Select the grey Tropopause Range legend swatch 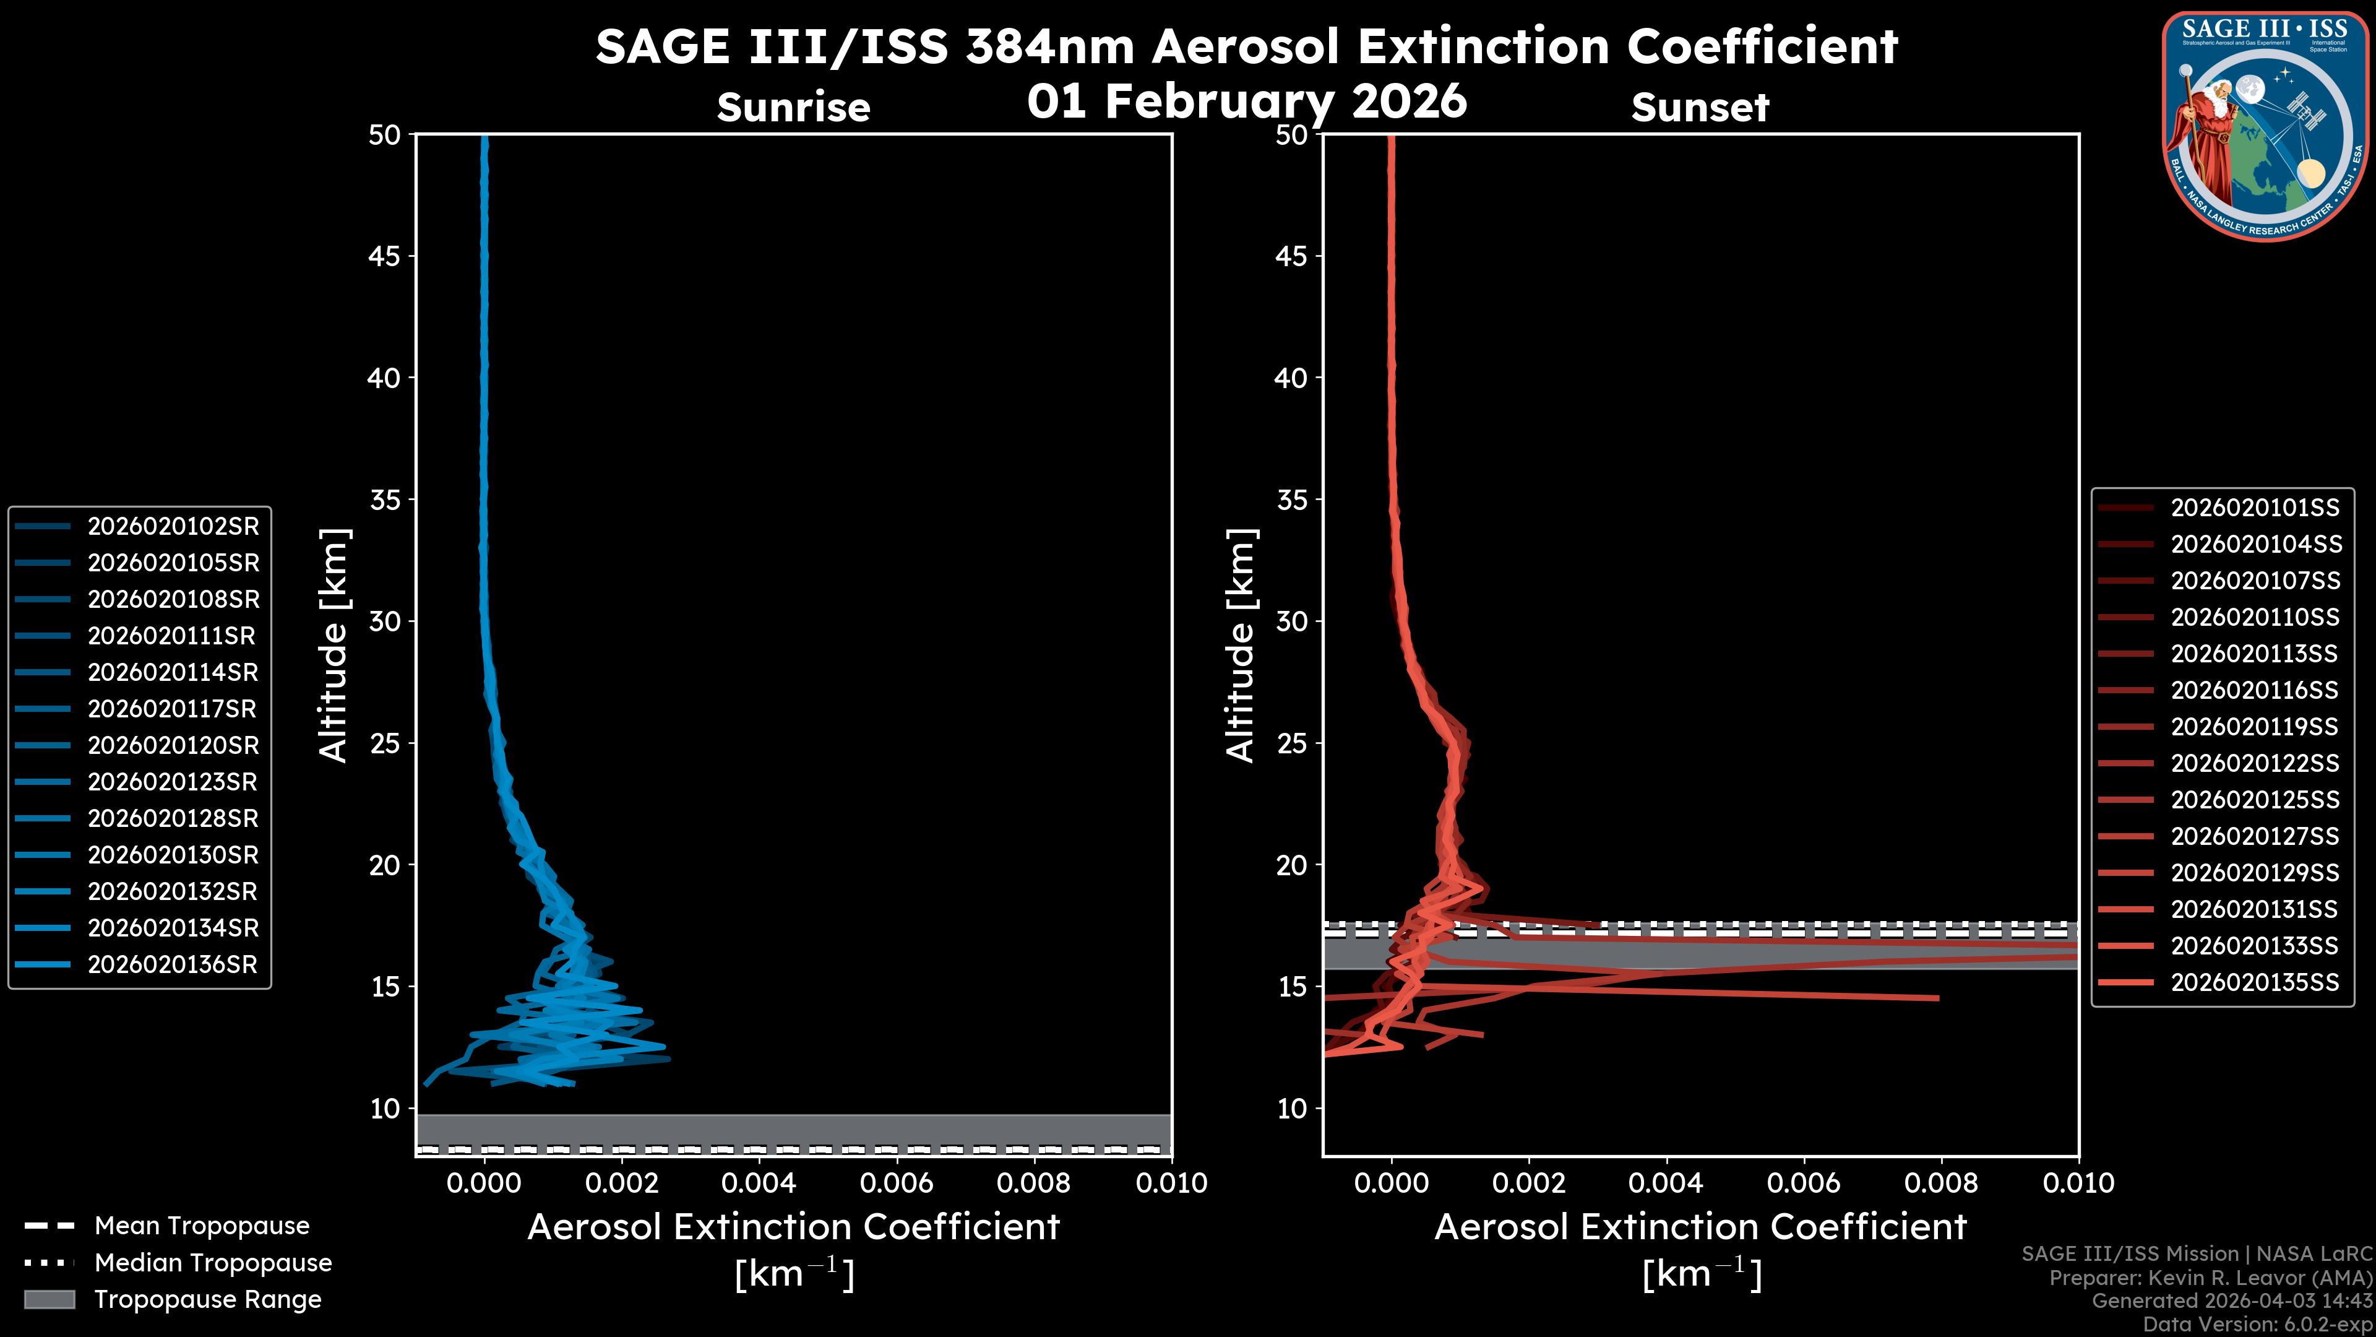pyautogui.click(x=49, y=1299)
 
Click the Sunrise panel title pyautogui.click(x=793, y=107)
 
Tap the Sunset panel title pyautogui.click(x=1700, y=107)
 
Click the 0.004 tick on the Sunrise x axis pyautogui.click(x=758, y=1183)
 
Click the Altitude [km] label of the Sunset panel pyautogui.click(x=1241, y=645)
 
